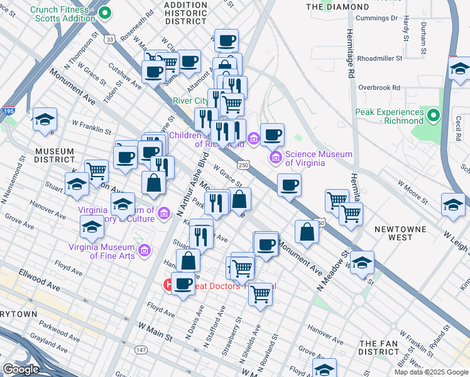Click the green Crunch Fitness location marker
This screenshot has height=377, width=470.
click(105, 12)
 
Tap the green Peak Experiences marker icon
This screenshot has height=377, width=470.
click(433, 116)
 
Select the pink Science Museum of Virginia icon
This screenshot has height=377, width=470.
click(275, 156)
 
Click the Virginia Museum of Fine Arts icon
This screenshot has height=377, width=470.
click(144, 251)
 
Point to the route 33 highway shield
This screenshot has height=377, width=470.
click(111, 40)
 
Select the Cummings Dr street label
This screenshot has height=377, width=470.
click(376, 18)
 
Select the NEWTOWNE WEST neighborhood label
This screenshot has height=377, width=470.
click(403, 233)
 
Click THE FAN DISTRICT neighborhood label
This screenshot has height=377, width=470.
click(385, 349)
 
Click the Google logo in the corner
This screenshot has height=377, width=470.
click(21, 369)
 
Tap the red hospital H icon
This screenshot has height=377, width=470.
click(169, 285)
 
